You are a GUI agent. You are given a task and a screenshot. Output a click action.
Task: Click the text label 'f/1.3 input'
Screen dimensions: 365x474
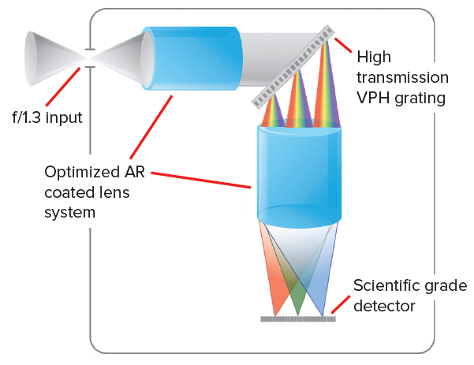(47, 117)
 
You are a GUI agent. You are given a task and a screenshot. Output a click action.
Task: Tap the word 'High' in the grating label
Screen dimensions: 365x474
(374, 58)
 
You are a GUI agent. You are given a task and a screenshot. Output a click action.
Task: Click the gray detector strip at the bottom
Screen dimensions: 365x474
(297, 319)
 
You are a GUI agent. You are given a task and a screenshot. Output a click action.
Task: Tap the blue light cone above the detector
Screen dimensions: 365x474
(320, 280)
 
